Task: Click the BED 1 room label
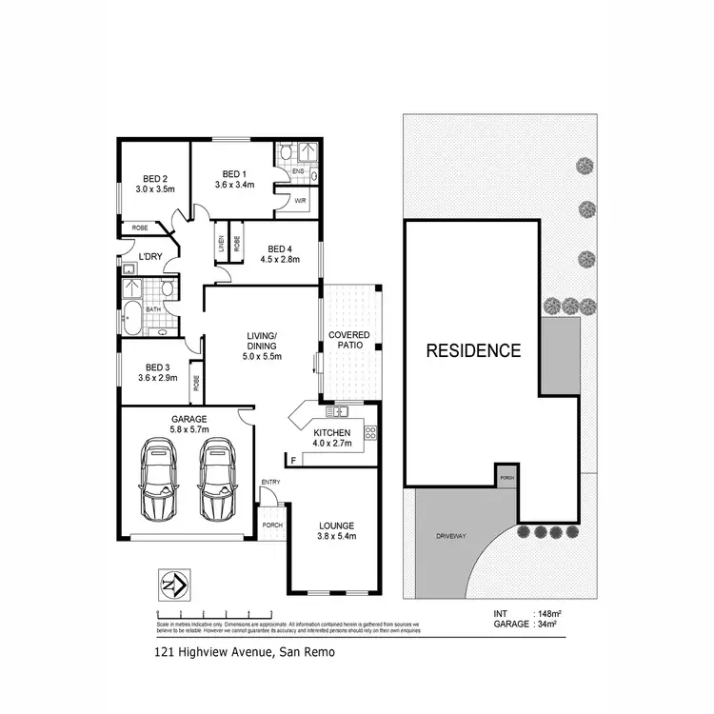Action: pyautogui.click(x=234, y=174)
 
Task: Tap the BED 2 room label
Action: pyautogui.click(x=156, y=179)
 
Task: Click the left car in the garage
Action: pyautogui.click(x=160, y=479)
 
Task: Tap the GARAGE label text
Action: pyautogui.click(x=188, y=419)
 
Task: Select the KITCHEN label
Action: pyautogui.click(x=332, y=434)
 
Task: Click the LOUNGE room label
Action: pyautogui.click(x=336, y=526)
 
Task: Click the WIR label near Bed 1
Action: pyautogui.click(x=300, y=202)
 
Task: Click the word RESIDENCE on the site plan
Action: pyautogui.click(x=473, y=350)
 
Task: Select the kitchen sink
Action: pyautogui.click(x=336, y=411)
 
